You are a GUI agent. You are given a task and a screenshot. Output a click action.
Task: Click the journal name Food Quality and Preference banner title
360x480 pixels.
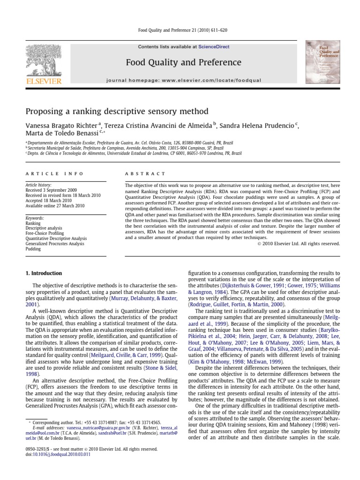pos(183,62)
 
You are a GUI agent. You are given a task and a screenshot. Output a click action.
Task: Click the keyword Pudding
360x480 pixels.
pos(33,249)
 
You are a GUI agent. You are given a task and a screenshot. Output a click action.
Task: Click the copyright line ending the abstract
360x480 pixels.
pos(298,243)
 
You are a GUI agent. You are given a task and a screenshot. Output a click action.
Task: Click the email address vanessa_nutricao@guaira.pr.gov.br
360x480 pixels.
pos(79,428)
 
